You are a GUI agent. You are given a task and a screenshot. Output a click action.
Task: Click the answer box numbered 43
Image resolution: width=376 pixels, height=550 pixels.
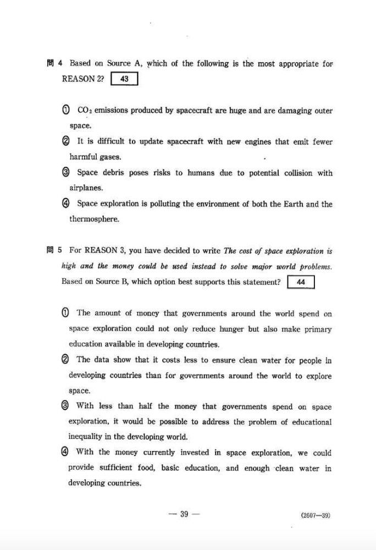(x=124, y=79)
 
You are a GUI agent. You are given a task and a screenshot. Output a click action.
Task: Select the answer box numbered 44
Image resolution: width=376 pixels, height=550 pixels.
(x=301, y=282)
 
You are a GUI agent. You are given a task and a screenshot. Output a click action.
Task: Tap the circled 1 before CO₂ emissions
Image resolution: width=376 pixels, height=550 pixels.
(x=66, y=111)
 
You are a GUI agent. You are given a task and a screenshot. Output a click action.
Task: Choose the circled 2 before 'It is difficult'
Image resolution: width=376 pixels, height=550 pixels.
(x=66, y=142)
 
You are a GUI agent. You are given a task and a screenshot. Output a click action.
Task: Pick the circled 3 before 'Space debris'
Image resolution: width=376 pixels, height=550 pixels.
(x=66, y=173)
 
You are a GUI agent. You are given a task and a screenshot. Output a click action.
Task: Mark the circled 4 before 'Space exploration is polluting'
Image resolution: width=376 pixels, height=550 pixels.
(x=66, y=204)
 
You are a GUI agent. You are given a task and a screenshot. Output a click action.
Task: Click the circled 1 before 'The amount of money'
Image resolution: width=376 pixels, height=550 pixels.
(x=65, y=313)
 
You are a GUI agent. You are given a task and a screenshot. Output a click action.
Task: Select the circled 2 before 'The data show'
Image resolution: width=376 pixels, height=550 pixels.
(x=65, y=360)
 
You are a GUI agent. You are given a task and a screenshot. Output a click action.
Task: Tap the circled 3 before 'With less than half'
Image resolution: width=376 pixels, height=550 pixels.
(x=65, y=407)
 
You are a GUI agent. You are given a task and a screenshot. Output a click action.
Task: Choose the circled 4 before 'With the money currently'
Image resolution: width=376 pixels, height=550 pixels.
(x=65, y=453)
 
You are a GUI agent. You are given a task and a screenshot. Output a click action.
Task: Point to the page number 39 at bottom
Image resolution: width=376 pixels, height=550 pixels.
(x=184, y=514)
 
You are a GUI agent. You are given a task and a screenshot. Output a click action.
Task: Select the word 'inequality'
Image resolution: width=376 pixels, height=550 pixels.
(x=87, y=437)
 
